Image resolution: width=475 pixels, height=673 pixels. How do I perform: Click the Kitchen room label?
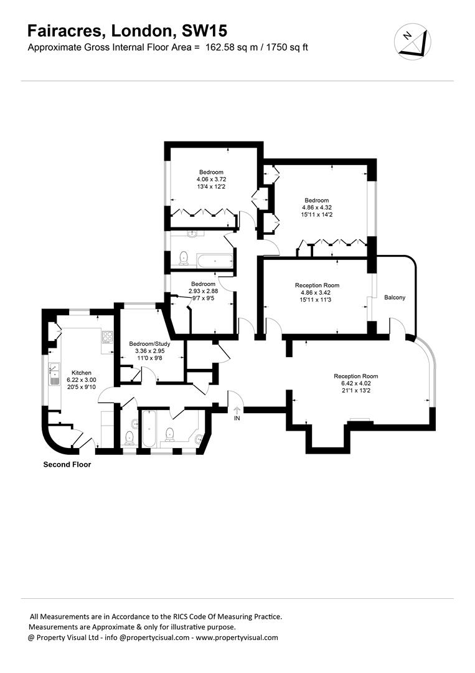82,371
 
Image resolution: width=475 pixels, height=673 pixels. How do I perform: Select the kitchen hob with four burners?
106,337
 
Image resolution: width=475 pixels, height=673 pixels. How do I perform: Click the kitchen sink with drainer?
52,375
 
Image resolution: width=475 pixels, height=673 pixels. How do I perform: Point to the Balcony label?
394,297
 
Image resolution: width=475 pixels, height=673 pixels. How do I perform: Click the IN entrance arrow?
237,412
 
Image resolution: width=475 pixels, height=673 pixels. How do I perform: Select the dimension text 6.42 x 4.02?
355,383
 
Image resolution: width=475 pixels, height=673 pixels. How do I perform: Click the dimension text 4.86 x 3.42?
317,292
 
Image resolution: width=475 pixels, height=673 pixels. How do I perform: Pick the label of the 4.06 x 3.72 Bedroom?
211,172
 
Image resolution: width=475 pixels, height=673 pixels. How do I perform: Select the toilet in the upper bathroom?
183,257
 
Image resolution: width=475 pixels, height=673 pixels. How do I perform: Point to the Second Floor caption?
67,464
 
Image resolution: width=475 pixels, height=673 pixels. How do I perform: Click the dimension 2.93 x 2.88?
203,291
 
